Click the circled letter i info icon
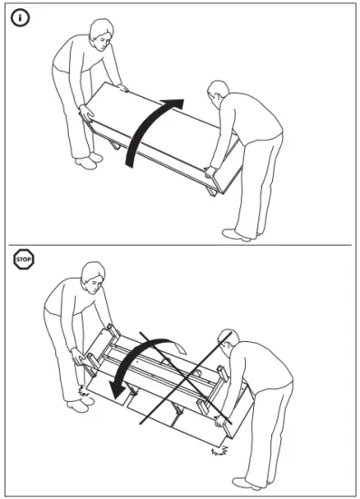tap(19, 18)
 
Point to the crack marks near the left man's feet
tap(83, 392)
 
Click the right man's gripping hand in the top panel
tap(210, 171)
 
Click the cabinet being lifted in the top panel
tap(163, 136)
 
